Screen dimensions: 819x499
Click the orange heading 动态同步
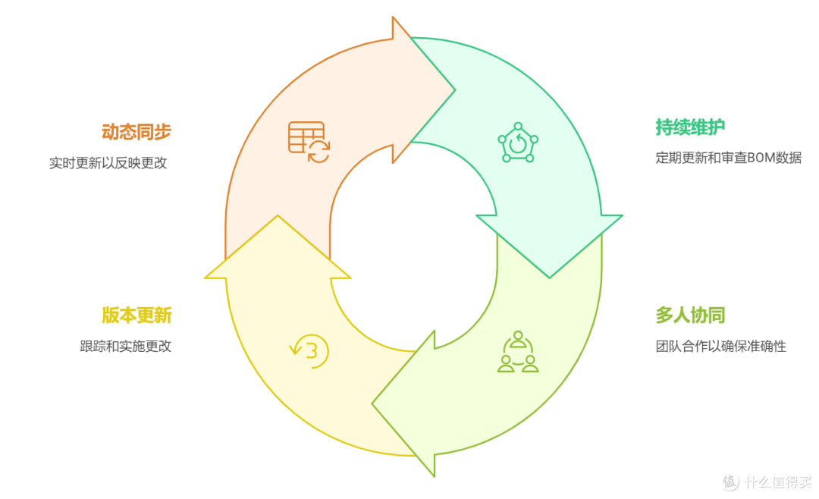coord(136,132)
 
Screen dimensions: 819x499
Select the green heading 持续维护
coord(690,127)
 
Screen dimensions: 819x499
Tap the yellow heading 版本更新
coord(136,315)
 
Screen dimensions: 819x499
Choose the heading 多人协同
coord(690,315)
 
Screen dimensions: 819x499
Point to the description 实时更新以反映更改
coord(108,163)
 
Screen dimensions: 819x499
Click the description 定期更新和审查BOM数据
coord(728,157)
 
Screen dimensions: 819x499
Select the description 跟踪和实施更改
coord(125,346)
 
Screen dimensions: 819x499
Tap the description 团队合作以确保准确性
coord(721,346)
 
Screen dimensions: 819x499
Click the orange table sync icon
coord(309,142)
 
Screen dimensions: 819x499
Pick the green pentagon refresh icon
coord(518,142)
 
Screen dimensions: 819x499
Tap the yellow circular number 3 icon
coord(309,351)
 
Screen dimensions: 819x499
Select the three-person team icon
coord(518,351)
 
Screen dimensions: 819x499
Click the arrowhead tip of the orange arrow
coord(455,90)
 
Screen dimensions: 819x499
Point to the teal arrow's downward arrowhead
coord(550,278)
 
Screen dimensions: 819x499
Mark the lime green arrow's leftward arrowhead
coord(372,403)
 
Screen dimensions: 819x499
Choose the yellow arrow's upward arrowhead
coord(278,215)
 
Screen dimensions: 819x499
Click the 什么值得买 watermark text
coord(778,482)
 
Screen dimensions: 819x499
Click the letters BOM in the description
coord(761,157)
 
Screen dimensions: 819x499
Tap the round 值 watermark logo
coord(731,482)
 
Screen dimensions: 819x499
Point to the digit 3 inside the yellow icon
coord(312,350)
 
